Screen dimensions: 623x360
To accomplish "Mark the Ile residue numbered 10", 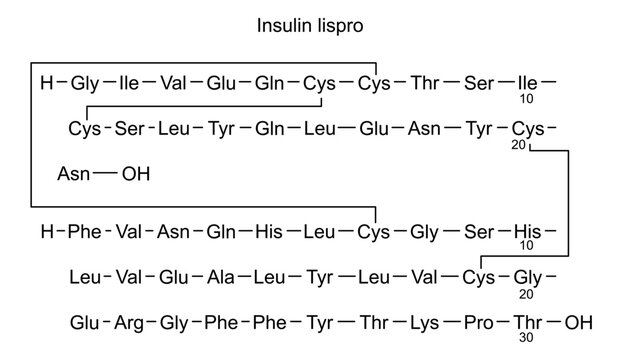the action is [x=527, y=82].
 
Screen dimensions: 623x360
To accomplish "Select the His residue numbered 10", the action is [x=527, y=232].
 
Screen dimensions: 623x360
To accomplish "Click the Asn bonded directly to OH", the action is [x=74, y=173].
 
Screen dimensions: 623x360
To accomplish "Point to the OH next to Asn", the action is [x=135, y=173].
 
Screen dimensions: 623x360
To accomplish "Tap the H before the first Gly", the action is [x=45, y=82].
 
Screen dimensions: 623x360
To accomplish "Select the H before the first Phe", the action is [x=45, y=232].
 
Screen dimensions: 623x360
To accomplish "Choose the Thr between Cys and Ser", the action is [x=424, y=82].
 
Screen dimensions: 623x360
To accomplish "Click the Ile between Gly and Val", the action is [x=129, y=82].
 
